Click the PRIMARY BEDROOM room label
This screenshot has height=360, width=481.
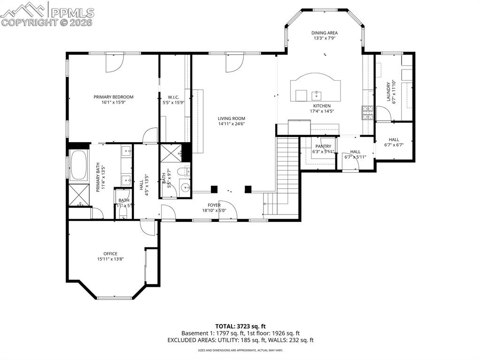[x=113, y=97]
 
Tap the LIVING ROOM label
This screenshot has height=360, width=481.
[x=231, y=118]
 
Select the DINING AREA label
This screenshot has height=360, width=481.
[x=324, y=33]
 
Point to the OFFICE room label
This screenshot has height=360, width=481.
[x=110, y=253]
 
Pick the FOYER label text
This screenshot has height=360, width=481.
[x=214, y=205]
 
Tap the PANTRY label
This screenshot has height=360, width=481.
[x=323, y=146]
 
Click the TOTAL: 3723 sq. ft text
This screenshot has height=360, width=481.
[x=240, y=326]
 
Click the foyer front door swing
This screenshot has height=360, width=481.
[x=227, y=210]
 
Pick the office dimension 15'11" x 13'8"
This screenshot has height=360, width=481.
[x=110, y=259]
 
